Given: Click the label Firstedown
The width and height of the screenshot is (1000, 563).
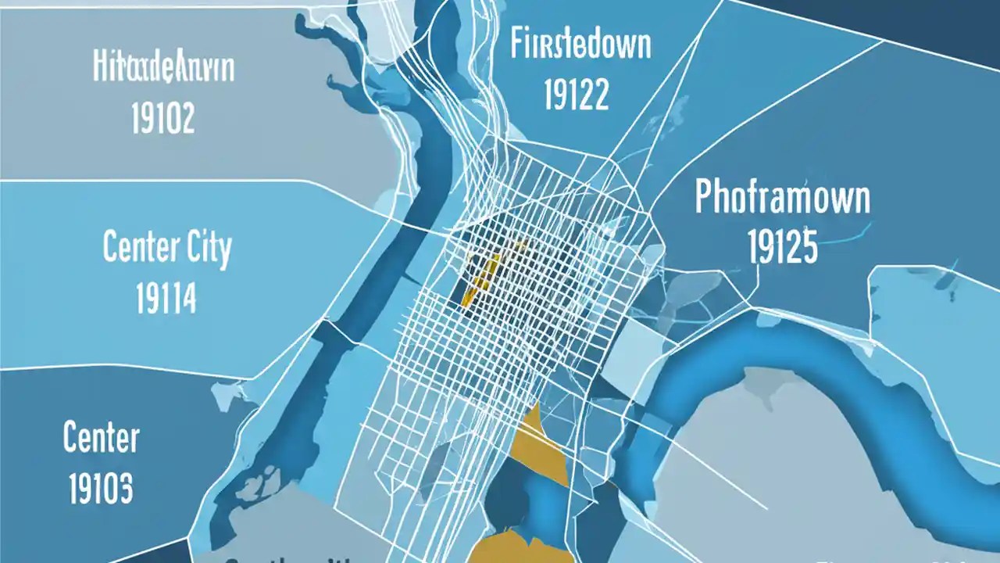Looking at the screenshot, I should click(580, 45).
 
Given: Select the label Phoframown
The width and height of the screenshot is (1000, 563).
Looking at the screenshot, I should click(782, 198).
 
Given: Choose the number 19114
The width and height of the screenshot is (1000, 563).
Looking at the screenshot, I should click(166, 298).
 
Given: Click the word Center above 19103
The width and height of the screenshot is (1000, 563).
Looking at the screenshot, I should click(101, 439).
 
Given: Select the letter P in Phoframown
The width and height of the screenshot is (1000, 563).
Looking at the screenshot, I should click(704, 198).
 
